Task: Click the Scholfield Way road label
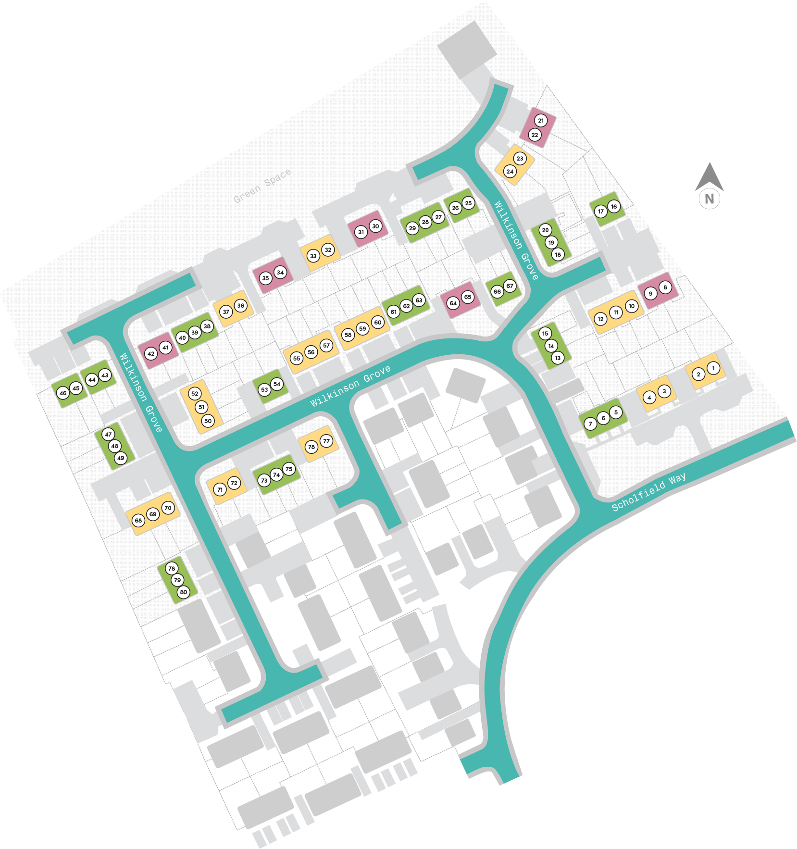tap(648, 492)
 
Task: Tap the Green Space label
tap(262, 186)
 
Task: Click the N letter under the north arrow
tap(709, 199)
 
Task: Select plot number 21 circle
tap(541, 121)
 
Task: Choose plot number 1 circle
tap(713, 368)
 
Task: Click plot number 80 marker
tap(184, 592)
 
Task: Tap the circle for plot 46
tap(63, 393)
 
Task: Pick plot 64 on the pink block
tap(453, 303)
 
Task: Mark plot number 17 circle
tap(600, 211)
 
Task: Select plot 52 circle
tap(195, 393)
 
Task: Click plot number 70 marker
tap(168, 508)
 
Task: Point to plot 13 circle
tap(558, 358)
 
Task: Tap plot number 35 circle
tap(265, 278)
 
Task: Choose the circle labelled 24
tap(510, 171)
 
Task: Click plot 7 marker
tap(590, 424)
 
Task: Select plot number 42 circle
tap(151, 354)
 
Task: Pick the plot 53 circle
tap(264, 389)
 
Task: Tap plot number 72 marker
tap(234, 483)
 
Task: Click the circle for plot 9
tap(650, 293)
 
